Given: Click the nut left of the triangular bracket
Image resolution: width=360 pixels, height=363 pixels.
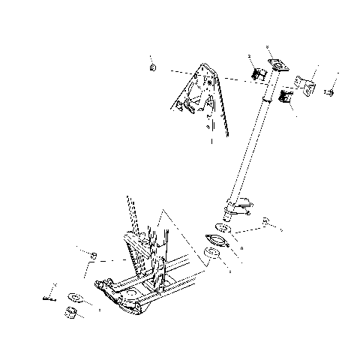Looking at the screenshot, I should (x=153, y=68).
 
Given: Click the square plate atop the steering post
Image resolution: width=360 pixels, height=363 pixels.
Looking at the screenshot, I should (x=277, y=65).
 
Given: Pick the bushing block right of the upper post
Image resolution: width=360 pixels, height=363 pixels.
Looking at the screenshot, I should (x=286, y=95).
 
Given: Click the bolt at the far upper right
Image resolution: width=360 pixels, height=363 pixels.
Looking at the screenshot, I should (x=328, y=92).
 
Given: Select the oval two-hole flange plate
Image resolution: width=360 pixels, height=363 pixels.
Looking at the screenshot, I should (x=217, y=241).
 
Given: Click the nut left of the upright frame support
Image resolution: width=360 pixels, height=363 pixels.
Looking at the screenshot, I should (x=94, y=257).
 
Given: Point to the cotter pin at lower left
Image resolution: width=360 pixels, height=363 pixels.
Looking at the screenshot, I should (x=50, y=294).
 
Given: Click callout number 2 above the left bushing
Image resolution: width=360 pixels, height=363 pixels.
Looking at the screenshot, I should (x=249, y=56).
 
